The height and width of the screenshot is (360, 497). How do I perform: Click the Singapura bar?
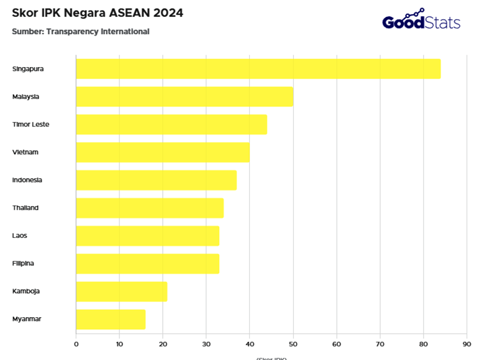[258, 69]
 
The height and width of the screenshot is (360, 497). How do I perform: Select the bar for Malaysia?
[184, 97]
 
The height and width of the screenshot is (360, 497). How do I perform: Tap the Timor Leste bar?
[171, 124]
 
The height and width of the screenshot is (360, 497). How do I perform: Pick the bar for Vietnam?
[162, 152]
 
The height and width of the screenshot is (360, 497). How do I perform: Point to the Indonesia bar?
[156, 180]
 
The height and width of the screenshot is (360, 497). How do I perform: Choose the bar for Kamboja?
[121, 291]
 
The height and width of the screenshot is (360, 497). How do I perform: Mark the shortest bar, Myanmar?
[111, 319]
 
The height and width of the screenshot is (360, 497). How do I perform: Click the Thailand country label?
[25, 208]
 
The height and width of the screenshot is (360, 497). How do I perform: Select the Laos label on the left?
[20, 236]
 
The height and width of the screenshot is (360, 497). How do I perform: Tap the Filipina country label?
[23, 263]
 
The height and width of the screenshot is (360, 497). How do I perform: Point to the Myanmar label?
[26, 319]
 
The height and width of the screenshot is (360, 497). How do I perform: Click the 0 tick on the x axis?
[76, 343]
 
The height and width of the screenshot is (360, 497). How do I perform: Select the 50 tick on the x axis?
[293, 343]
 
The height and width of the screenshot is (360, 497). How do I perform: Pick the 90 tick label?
[467, 343]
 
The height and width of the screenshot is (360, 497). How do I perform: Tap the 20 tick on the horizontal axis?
[163, 343]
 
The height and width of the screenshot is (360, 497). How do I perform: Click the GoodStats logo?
[421, 21]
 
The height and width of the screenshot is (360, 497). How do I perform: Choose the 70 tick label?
[380, 343]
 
